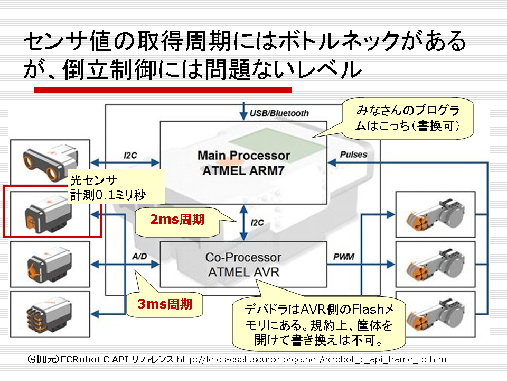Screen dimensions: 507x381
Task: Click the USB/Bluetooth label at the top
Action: click(279, 113)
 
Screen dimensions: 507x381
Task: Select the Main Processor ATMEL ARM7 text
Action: click(243, 163)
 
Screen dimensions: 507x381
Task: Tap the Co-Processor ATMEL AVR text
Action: click(243, 265)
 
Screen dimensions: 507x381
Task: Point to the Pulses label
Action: click(353, 155)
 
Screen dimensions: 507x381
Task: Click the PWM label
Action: click(344, 257)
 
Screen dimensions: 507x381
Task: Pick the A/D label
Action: click(139, 257)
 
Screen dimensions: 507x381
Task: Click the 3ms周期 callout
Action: click(165, 304)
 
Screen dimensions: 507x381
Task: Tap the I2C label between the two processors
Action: click(257, 223)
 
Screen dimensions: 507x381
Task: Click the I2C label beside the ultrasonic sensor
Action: click(130, 156)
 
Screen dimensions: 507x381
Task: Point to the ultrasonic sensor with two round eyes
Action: click(50, 162)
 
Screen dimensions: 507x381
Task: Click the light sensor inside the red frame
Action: click(48, 214)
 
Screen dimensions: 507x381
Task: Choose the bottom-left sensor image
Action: click(50, 314)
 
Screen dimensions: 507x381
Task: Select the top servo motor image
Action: click(436, 214)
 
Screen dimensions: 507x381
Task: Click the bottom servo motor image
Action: click(436, 314)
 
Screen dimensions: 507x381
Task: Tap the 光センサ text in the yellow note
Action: click(94, 180)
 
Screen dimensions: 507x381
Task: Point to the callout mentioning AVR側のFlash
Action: click(318, 324)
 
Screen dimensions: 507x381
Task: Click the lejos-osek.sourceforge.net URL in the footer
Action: click(312, 359)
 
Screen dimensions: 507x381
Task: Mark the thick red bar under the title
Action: click(163, 90)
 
